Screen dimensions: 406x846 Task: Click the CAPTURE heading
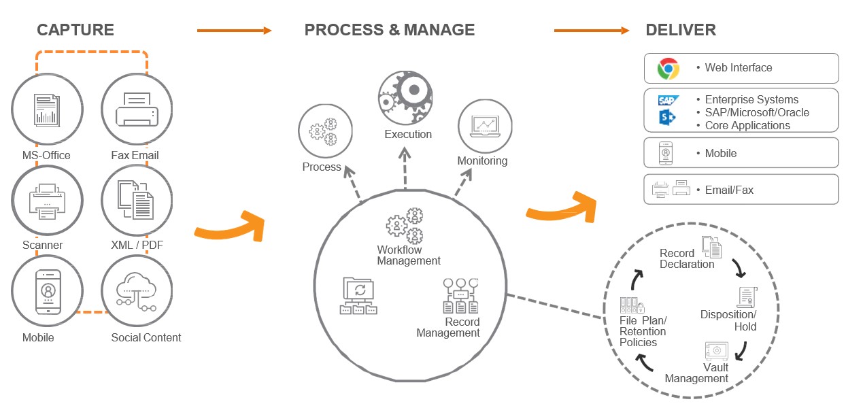click(75, 30)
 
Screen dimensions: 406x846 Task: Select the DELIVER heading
click(681, 30)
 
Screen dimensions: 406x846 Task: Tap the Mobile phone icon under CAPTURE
click(48, 291)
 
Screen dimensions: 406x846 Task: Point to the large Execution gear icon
click(405, 96)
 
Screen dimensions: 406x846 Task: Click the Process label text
click(322, 167)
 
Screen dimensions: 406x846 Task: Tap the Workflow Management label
click(409, 255)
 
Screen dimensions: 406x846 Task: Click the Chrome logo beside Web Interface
click(669, 68)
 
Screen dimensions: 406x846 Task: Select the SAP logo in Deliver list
click(667, 101)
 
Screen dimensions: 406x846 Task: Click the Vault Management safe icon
click(715, 351)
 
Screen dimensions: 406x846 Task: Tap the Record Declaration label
click(687, 258)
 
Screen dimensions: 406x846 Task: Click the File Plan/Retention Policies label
click(643, 331)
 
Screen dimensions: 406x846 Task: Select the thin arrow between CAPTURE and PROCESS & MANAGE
click(234, 31)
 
